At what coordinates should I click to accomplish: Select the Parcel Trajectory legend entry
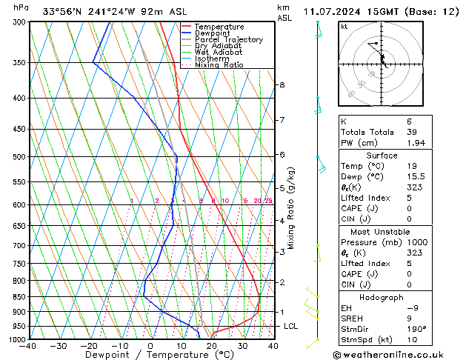click(228, 40)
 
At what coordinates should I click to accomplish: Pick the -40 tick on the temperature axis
click(28, 346)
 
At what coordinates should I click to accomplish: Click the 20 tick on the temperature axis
click(212, 346)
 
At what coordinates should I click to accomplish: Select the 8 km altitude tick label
click(282, 85)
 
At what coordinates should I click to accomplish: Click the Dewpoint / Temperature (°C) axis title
click(150, 355)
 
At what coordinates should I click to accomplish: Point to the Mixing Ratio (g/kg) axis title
click(292, 207)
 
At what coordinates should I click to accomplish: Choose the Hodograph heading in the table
click(382, 297)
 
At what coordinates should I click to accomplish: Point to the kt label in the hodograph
click(344, 27)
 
